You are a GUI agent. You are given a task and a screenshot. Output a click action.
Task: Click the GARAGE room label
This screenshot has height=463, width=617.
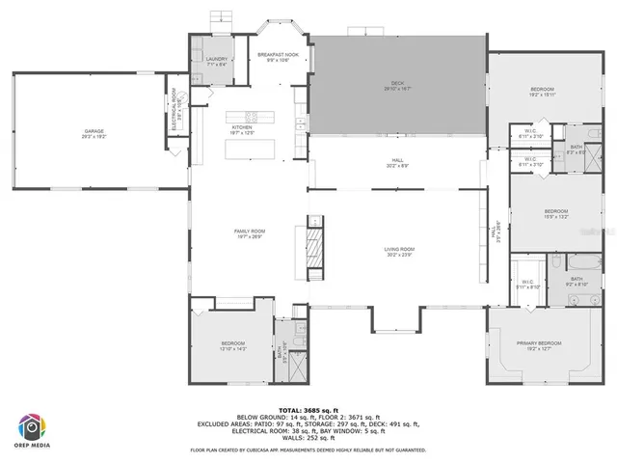click(94, 131)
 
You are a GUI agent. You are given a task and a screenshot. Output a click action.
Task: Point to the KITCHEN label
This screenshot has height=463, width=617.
click(241, 128)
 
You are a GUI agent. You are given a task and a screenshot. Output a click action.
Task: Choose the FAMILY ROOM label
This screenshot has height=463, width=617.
click(250, 231)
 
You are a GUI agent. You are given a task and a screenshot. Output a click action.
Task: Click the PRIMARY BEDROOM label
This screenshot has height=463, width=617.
click(539, 343)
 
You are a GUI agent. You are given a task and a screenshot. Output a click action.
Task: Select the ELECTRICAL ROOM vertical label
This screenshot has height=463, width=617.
click(174, 108)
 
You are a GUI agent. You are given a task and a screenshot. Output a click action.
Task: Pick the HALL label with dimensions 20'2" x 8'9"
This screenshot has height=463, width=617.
click(397, 160)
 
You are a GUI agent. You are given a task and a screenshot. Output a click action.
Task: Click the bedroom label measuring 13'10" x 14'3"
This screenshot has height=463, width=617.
click(233, 343)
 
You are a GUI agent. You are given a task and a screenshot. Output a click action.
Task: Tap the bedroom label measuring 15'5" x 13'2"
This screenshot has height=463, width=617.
click(554, 212)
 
